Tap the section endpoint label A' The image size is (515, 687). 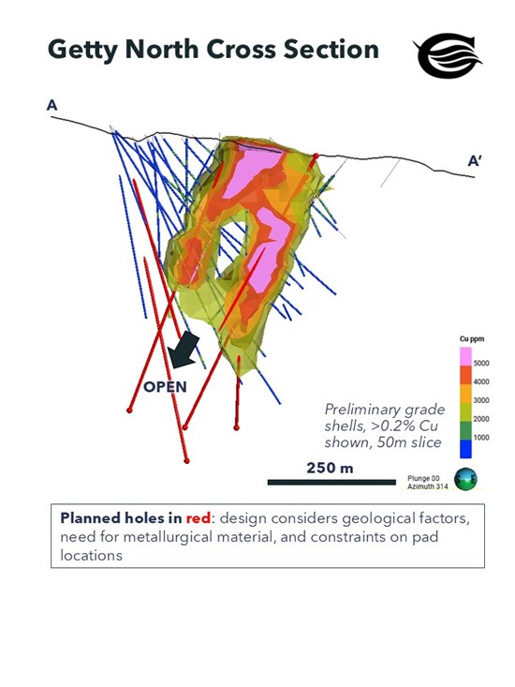click(476, 161)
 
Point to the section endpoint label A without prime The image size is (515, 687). click(52, 106)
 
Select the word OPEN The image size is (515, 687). click(165, 386)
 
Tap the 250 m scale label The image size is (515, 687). click(330, 467)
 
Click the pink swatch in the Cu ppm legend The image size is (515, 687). click(464, 357)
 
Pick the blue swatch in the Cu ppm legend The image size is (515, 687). click(464, 447)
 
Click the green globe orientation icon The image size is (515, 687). click(465, 479)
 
